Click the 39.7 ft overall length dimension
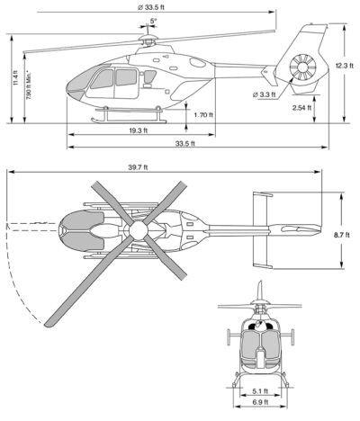(x=138, y=167)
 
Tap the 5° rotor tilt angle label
(x=153, y=21)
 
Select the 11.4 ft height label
(x=16, y=78)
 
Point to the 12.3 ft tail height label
(x=345, y=66)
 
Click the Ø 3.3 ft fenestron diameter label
(x=264, y=94)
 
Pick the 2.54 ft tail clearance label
(x=301, y=108)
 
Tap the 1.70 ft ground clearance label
(x=203, y=115)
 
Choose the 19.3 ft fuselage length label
(x=139, y=130)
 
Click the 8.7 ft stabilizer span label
(x=342, y=235)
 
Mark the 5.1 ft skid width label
(x=260, y=391)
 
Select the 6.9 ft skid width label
(x=260, y=402)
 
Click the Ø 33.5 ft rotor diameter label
(x=151, y=7)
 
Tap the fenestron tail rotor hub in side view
(x=302, y=67)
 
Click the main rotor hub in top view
(x=139, y=230)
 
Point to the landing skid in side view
(x=129, y=121)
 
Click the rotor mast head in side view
(x=148, y=39)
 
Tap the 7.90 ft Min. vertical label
(x=29, y=85)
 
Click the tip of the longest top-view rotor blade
(x=48, y=325)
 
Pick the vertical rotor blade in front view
(x=261, y=291)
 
